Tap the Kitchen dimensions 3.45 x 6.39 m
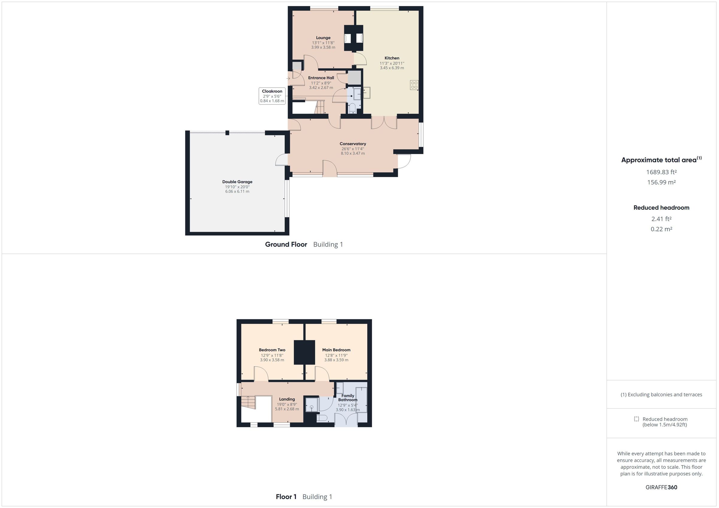[x=392, y=68]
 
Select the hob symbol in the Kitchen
[x=414, y=85]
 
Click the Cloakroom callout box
[x=272, y=96]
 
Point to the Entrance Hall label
[x=321, y=78]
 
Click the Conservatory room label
[x=353, y=144]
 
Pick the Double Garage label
[x=237, y=182]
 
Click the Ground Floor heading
[x=286, y=245]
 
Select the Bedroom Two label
[x=272, y=350]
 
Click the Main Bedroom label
[x=336, y=350]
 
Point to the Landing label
[x=287, y=399]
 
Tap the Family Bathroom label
[x=348, y=398]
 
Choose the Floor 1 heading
[x=286, y=497]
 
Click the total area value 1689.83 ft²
[x=661, y=172]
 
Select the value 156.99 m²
[x=661, y=182]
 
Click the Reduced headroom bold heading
[x=661, y=208]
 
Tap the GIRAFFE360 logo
[x=661, y=487]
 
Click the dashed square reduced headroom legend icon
[x=636, y=419]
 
